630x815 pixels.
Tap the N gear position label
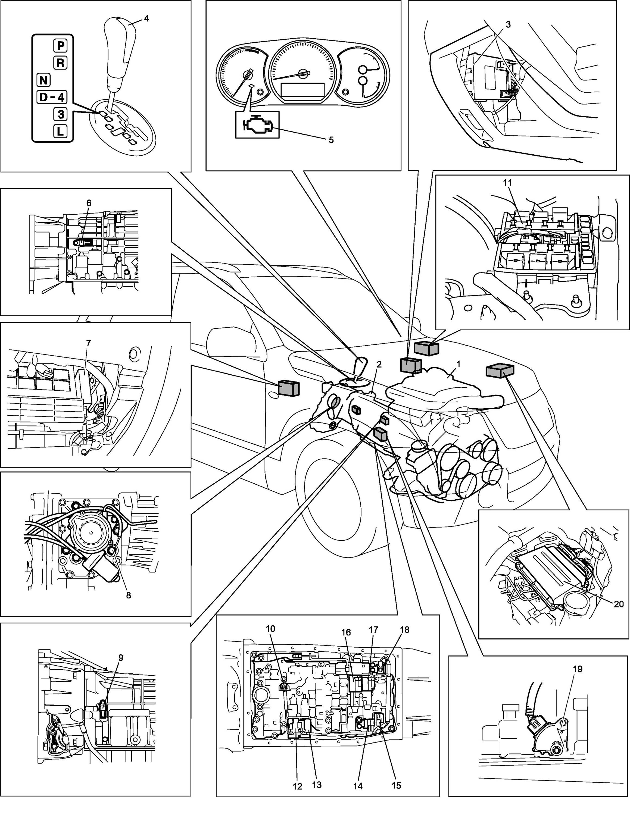coord(44,80)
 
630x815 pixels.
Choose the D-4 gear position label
coord(52,98)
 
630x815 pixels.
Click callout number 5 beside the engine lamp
coord(331,140)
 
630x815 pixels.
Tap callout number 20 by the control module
coord(618,614)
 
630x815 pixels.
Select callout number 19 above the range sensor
coord(577,669)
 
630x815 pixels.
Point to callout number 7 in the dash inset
coord(88,343)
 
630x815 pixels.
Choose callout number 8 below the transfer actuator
coord(128,595)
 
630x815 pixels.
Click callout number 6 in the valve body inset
coord(88,203)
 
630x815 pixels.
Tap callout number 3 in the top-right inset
coord(508,25)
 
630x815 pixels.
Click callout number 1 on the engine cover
coord(458,363)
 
